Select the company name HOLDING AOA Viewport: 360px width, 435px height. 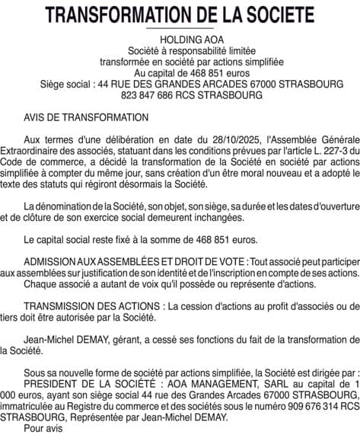tap(180, 39)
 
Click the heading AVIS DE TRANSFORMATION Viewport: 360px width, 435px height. tap(86, 118)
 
